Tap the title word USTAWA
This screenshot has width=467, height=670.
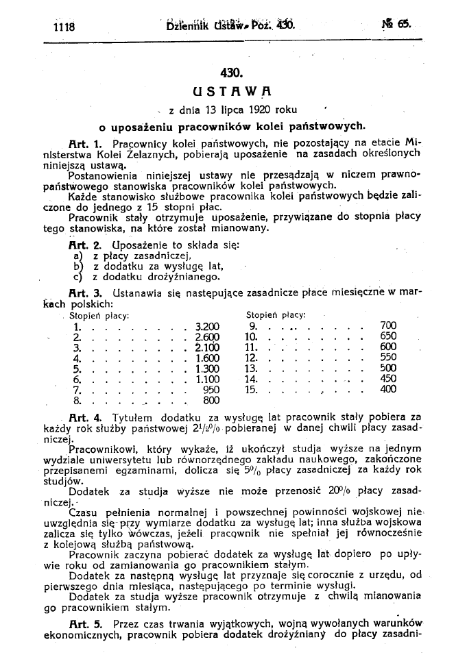pyautogui.click(x=234, y=90)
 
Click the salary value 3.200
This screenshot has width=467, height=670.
pyautogui.click(x=207, y=326)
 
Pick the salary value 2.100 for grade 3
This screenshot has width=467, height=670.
pyautogui.click(x=207, y=347)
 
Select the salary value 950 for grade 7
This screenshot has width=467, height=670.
pyautogui.click(x=211, y=389)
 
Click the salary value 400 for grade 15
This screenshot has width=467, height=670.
pyautogui.click(x=388, y=389)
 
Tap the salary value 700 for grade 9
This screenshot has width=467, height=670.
pyautogui.click(x=388, y=326)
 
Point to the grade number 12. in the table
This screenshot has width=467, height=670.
pyautogui.click(x=250, y=358)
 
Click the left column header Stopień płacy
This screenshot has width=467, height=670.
pyautogui.click(x=101, y=315)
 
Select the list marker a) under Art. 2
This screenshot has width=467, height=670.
pyautogui.click(x=76, y=256)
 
